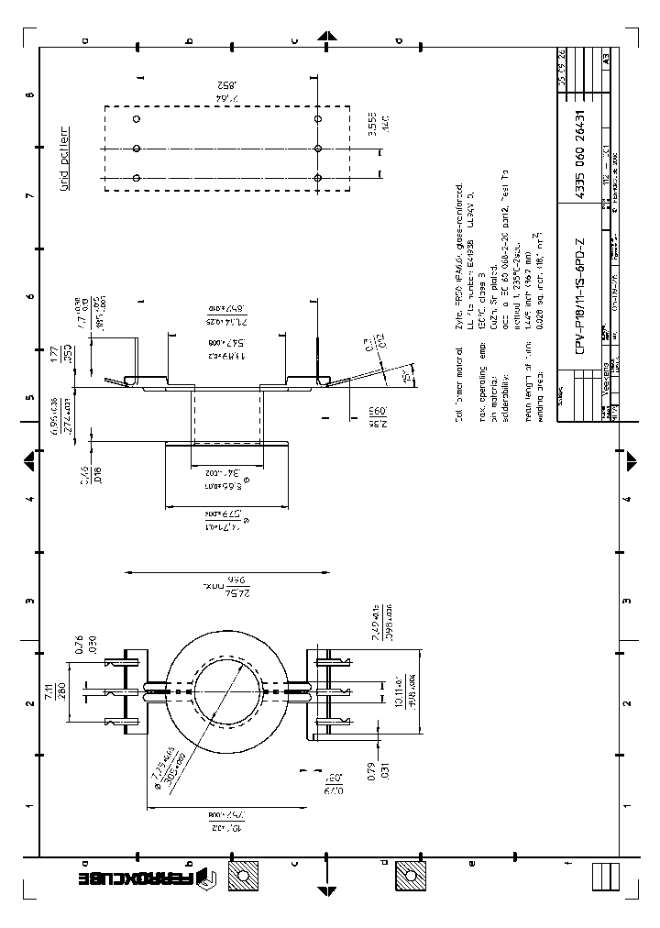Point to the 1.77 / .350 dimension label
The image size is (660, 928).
pos(80,353)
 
